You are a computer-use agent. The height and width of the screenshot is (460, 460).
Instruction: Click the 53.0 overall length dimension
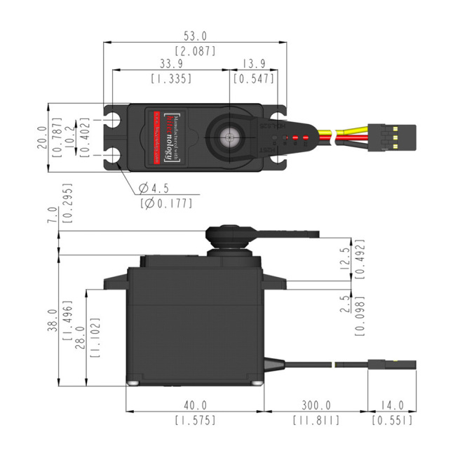pyautogui.click(x=195, y=35)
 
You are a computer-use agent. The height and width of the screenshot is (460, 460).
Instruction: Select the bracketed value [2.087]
pyautogui.click(x=195, y=51)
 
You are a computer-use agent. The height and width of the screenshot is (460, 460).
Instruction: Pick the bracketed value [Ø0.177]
pyautogui.click(x=166, y=203)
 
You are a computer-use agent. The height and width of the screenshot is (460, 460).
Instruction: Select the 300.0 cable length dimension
pyautogui.click(x=316, y=405)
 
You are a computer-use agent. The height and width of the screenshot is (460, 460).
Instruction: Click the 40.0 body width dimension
pyautogui.click(x=195, y=405)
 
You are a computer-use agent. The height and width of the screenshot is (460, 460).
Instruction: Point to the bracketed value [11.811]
pyautogui.click(x=316, y=421)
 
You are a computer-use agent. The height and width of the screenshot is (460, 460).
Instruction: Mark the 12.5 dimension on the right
pyautogui.click(x=343, y=257)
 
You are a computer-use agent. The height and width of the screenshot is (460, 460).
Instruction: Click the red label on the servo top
pyautogui.click(x=163, y=137)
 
